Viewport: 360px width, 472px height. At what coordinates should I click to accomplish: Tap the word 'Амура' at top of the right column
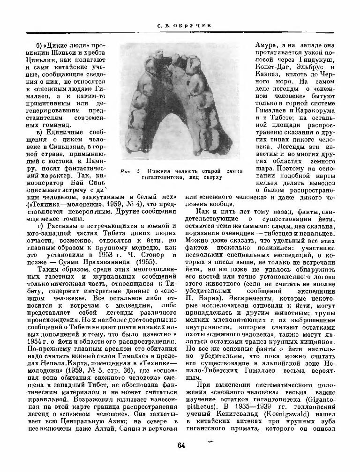(265, 45)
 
